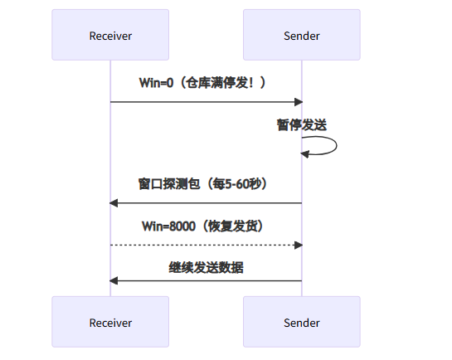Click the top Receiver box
[110, 36]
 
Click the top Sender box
[302, 36]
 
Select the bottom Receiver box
[110, 322]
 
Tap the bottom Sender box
[302, 322]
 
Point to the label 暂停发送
[302, 124]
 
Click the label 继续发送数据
[206, 268]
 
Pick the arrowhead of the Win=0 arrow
[298, 102]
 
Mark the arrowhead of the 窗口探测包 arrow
[114, 203]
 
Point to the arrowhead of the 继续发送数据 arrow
[114, 280]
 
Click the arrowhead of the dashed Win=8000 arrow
[298, 245]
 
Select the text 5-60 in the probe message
[236, 183]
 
